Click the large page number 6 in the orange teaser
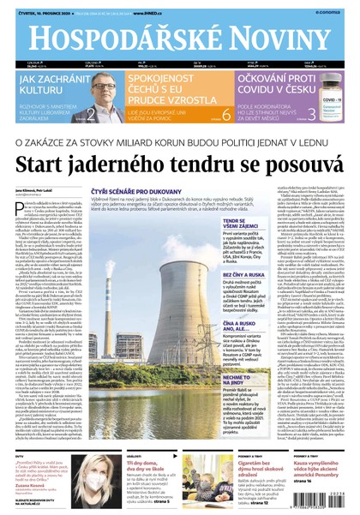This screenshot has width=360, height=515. click(227, 114)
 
